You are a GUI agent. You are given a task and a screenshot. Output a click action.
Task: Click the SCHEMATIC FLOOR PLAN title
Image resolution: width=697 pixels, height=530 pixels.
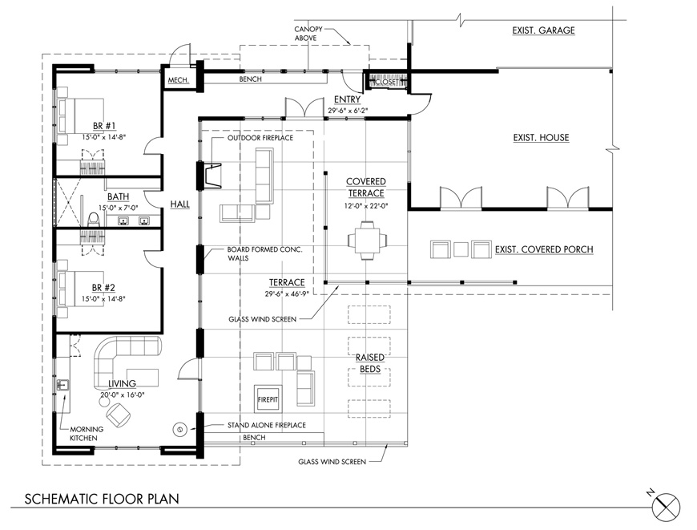click(102, 499)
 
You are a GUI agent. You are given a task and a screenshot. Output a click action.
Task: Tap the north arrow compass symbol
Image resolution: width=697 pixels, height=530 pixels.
click(667, 507)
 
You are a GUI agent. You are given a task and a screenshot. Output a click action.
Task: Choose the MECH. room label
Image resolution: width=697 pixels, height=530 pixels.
click(178, 80)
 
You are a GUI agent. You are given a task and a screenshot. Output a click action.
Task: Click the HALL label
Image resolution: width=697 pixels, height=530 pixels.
click(180, 204)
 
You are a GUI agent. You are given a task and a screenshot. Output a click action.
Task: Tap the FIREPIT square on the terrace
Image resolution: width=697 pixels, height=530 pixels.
click(267, 398)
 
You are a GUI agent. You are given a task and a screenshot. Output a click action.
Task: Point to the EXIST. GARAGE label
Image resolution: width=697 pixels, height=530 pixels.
click(543, 31)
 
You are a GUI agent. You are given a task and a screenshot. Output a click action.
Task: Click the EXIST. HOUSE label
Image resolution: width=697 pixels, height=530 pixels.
click(541, 138)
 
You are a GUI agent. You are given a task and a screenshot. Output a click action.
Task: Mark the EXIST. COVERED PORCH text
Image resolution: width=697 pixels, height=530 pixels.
click(544, 249)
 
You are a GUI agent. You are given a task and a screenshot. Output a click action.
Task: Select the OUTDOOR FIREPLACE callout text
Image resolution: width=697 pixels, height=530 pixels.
click(260, 138)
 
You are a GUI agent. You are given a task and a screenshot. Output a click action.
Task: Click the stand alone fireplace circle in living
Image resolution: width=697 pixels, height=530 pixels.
click(180, 429)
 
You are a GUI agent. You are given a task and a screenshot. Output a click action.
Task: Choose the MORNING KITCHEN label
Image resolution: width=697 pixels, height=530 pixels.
click(84, 433)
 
